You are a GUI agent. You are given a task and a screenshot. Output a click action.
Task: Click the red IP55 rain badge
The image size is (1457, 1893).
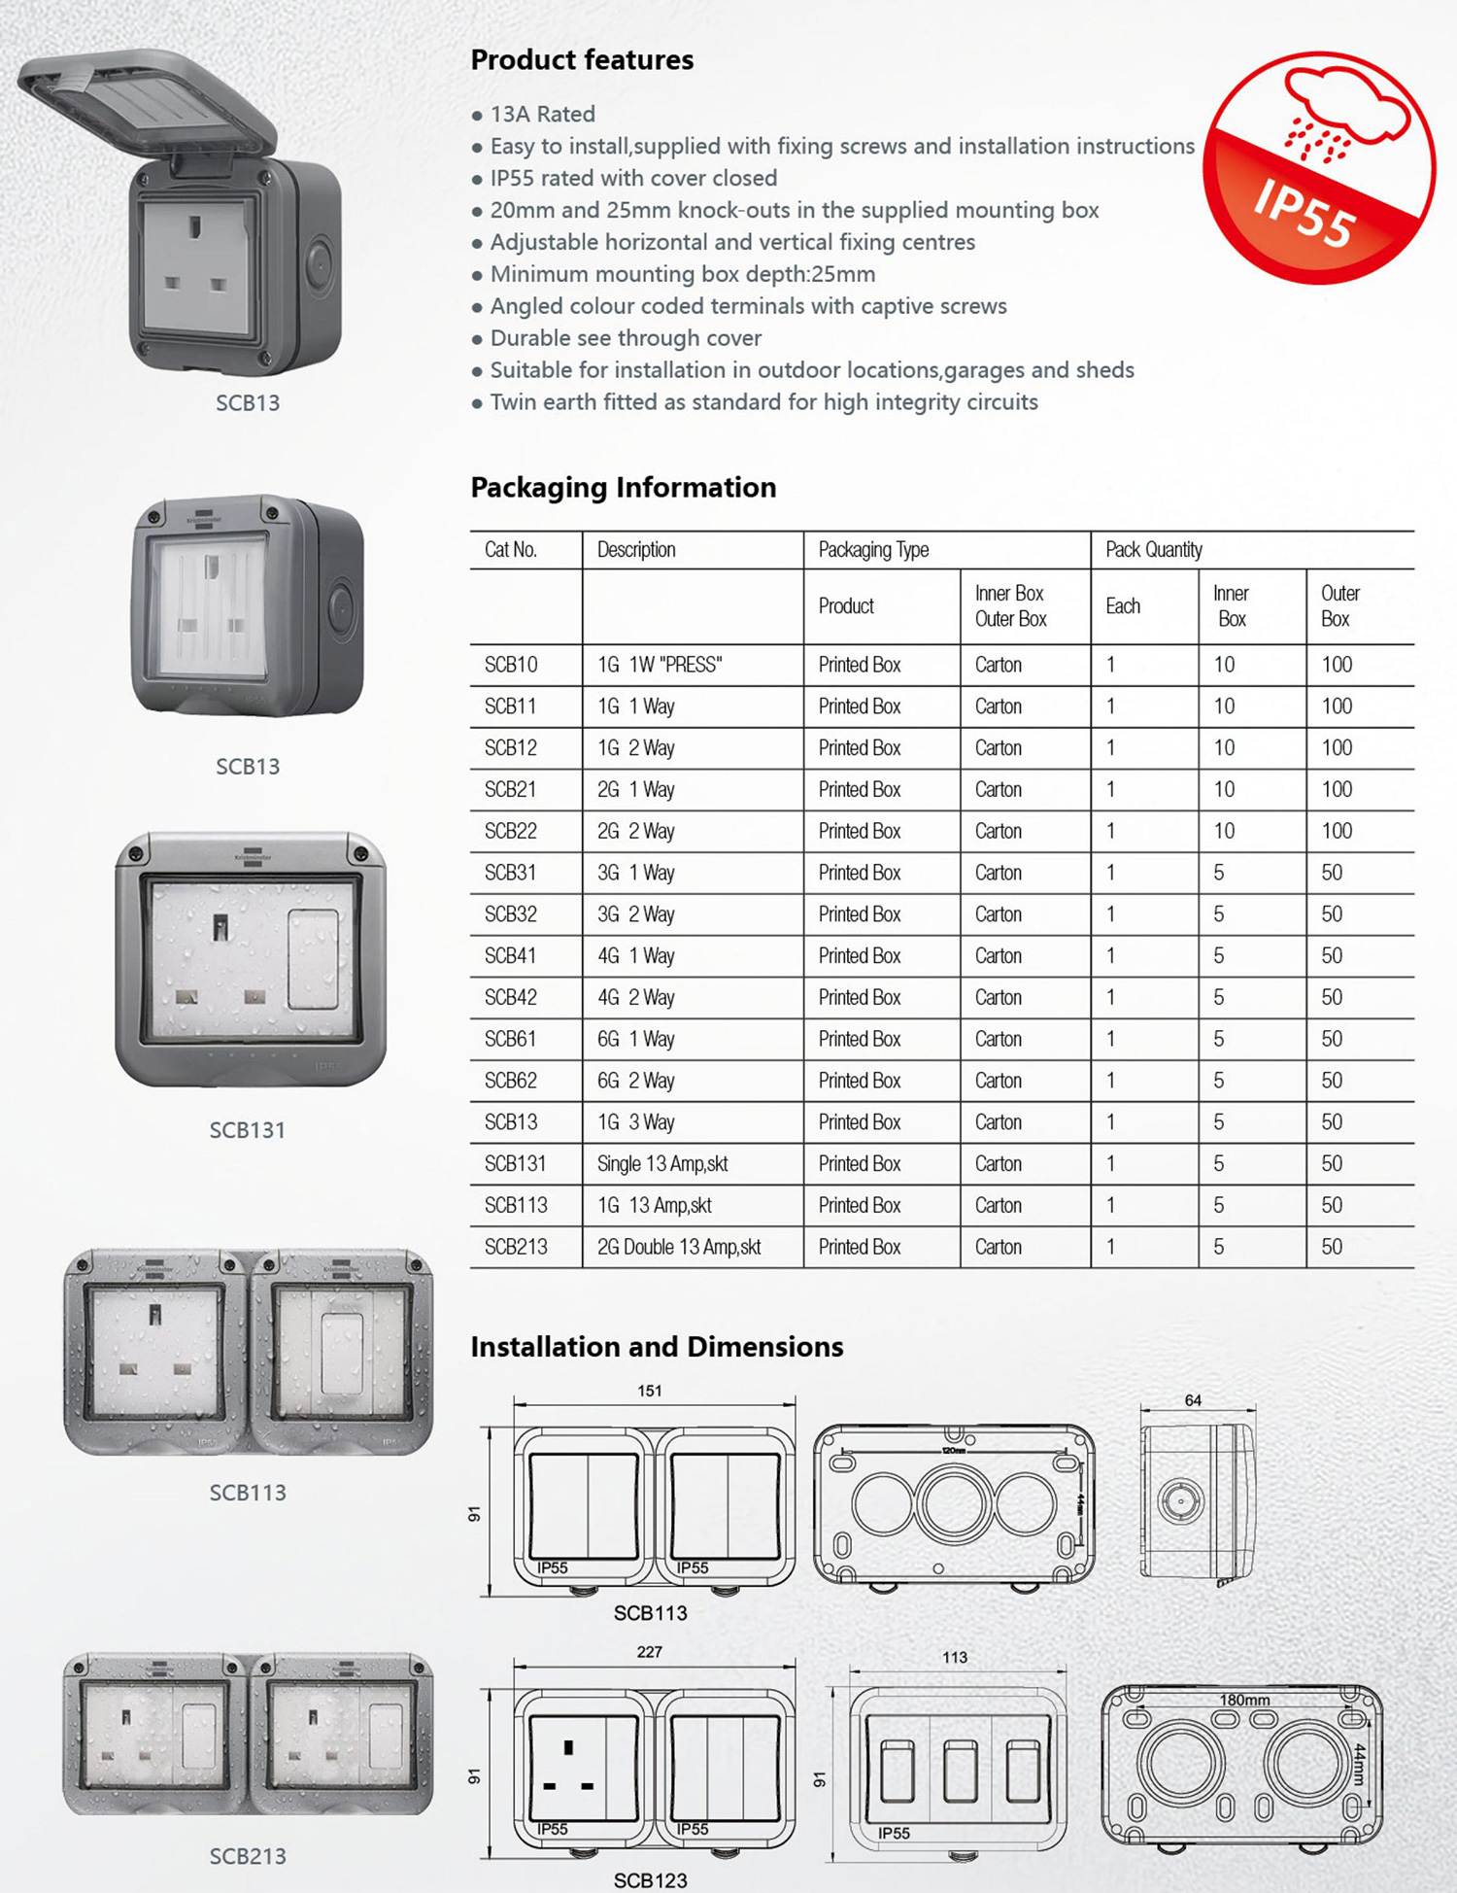pos(1318,167)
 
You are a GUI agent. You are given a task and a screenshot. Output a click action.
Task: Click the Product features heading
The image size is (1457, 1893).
pos(582,60)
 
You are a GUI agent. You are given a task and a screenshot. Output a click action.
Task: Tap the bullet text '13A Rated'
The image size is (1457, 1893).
pos(542,115)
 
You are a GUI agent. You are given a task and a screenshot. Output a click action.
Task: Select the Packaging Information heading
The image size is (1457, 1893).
pos(623,487)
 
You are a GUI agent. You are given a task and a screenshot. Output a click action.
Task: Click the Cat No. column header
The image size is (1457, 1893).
pos(511,550)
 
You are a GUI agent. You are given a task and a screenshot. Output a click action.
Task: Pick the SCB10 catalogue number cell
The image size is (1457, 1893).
pos(511,665)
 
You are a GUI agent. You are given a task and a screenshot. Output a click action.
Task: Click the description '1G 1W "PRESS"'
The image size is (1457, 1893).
pos(660,665)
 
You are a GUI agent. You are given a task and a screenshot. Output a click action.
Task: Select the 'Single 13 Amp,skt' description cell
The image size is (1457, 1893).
pos(662,1164)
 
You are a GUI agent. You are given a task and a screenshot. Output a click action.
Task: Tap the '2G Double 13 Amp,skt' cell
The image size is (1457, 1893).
pos(679,1247)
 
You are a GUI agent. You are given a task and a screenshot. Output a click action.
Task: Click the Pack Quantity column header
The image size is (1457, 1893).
pos(1154,550)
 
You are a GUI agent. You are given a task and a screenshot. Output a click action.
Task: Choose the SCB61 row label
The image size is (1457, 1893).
pos(511,1040)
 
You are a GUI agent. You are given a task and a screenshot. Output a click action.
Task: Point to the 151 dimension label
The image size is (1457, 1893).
pos(650,1391)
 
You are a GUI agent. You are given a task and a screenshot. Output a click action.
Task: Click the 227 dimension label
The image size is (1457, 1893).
pos(650,1652)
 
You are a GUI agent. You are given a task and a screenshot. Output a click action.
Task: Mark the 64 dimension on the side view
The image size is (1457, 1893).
pos(1193,1400)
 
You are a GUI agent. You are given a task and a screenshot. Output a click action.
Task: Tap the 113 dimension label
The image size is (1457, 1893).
pos(955,1658)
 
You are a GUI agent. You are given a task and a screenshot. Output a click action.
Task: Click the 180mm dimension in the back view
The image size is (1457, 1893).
pos(1244,1701)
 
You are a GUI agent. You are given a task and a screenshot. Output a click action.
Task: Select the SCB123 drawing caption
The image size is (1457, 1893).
pos(650,1880)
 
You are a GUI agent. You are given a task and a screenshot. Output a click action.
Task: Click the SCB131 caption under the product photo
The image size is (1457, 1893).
pos(248,1130)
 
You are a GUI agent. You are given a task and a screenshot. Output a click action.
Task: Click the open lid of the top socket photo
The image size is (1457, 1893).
pos(151,103)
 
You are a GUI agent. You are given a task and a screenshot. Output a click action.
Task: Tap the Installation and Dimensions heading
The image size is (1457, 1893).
pos(657,1347)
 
